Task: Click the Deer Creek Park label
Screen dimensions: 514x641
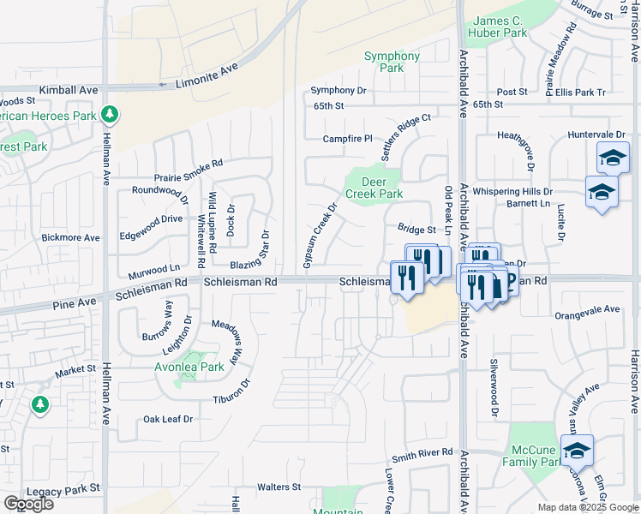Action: pos(373,188)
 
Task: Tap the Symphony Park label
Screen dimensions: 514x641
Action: pos(392,62)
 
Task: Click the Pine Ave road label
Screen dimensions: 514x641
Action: pos(75,303)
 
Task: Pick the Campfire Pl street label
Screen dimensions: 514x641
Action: pos(348,139)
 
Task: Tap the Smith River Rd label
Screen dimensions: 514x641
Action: pos(422,451)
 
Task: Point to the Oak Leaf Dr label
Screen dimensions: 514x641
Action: pos(168,419)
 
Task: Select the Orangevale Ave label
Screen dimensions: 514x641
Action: pos(587,309)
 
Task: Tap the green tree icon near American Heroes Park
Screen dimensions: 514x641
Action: pos(108,114)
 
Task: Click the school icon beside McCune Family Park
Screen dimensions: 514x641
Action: pos(577,451)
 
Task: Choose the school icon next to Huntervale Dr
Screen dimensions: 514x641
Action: pos(613,157)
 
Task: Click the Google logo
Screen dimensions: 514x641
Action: pos(28,504)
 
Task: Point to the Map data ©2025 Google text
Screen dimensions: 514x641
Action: pos(587,507)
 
